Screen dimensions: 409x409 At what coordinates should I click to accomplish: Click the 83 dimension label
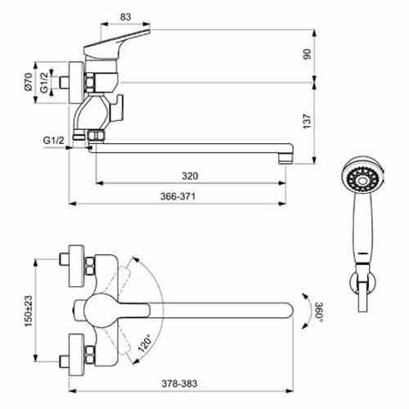(125, 17)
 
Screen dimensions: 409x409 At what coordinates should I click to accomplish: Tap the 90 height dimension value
(308, 54)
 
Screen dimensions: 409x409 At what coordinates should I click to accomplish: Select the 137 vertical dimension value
(308, 121)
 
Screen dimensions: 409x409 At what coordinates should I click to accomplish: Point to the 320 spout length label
(190, 176)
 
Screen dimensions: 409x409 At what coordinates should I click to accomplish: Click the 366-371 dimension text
(178, 196)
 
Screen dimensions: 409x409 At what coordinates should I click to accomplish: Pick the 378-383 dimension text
(179, 384)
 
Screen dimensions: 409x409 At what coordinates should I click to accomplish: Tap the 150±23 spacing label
(29, 311)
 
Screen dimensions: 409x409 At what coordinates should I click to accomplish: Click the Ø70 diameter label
(29, 82)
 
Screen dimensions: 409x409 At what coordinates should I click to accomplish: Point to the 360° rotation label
(319, 312)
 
